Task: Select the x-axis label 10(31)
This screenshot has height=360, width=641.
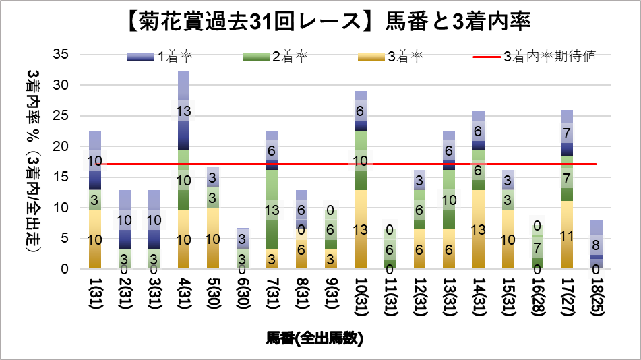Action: pos(360,297)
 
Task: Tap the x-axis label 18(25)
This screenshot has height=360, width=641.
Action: pos(595,297)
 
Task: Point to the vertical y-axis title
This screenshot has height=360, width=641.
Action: pos(32,161)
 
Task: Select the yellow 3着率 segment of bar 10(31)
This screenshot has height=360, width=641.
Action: pos(360,229)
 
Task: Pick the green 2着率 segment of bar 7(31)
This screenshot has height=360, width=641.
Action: pos(272,209)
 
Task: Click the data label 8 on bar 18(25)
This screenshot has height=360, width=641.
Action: pos(595,245)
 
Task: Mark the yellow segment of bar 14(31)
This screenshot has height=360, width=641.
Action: pos(478,229)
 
